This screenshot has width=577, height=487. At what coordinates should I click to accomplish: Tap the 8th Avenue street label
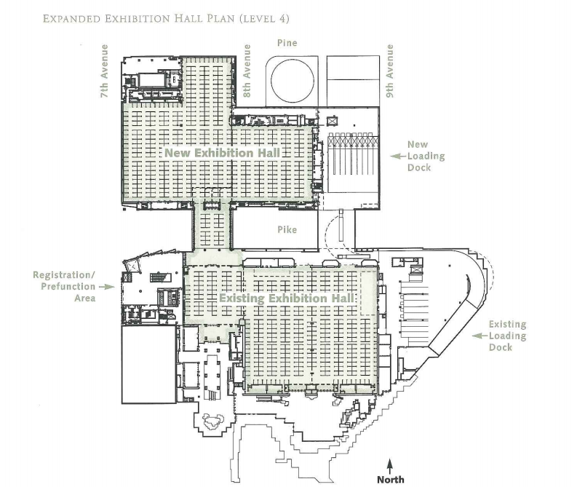click(x=247, y=62)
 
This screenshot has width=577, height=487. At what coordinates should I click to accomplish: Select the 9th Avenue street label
click(x=390, y=62)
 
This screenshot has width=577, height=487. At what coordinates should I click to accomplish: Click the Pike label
click(x=285, y=229)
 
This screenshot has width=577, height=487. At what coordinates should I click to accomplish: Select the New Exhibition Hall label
click(x=222, y=154)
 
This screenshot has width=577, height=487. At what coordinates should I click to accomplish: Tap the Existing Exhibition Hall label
click(x=287, y=299)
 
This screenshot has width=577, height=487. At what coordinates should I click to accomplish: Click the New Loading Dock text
click(x=426, y=156)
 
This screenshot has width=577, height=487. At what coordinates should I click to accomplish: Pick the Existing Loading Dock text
click(x=507, y=336)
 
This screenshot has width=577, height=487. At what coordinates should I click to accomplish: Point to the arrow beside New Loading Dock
click(x=396, y=156)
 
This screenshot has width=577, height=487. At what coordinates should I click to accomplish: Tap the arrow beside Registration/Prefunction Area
click(x=107, y=287)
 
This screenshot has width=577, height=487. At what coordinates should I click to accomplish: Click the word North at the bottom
click(x=390, y=479)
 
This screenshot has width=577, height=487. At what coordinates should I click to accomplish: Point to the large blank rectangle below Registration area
click(x=147, y=364)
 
